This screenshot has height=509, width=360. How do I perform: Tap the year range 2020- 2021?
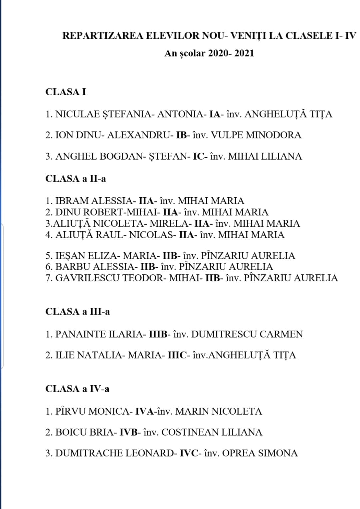[x=231, y=53]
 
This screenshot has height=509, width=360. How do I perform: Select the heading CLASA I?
[x=66, y=92]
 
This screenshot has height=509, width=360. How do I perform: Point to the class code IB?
[x=181, y=135]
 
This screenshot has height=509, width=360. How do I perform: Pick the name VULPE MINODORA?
[x=256, y=135]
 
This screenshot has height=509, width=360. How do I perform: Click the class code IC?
[x=198, y=156]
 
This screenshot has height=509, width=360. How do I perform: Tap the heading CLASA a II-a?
[x=76, y=179]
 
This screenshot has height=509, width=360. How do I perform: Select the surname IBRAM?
[x=72, y=201]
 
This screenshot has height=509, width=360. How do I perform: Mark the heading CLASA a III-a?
[x=78, y=312]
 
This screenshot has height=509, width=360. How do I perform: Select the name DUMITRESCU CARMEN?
[x=247, y=334]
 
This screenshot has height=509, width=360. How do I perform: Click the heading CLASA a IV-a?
[x=77, y=389]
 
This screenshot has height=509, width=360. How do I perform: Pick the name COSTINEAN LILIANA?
[x=212, y=432]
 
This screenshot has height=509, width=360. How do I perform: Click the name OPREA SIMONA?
[x=260, y=453]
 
